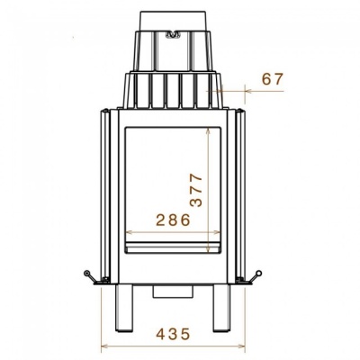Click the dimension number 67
point(273,79)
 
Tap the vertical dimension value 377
point(196,190)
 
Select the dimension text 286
point(173,220)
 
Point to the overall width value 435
point(173,334)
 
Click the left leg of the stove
point(124,308)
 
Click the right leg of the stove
point(221,308)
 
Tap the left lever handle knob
point(87,273)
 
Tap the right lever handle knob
point(259,273)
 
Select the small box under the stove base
point(173,291)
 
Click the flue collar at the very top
point(173,21)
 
